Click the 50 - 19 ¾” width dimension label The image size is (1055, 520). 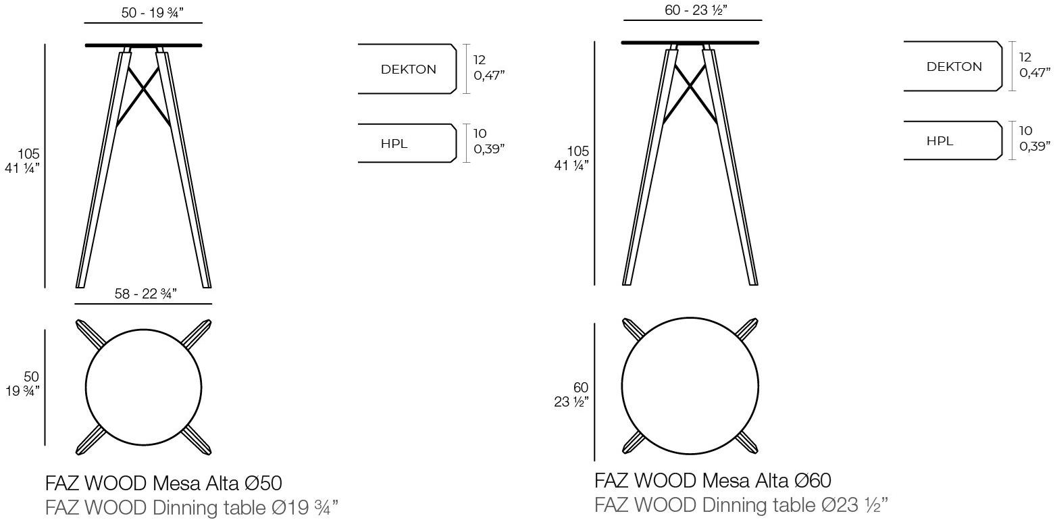(x=152, y=13)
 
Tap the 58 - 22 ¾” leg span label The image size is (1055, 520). (x=145, y=294)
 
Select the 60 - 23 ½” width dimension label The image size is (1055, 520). (x=696, y=10)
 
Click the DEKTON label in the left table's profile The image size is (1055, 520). (x=409, y=70)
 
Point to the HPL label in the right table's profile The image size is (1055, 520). (x=940, y=141)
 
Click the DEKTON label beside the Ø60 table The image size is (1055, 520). (x=954, y=66)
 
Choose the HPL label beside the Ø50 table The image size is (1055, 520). (x=394, y=144)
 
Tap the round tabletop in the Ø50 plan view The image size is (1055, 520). (x=144, y=330)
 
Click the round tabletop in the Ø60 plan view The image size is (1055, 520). (x=690, y=317)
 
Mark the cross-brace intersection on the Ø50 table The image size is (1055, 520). (x=144, y=88)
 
